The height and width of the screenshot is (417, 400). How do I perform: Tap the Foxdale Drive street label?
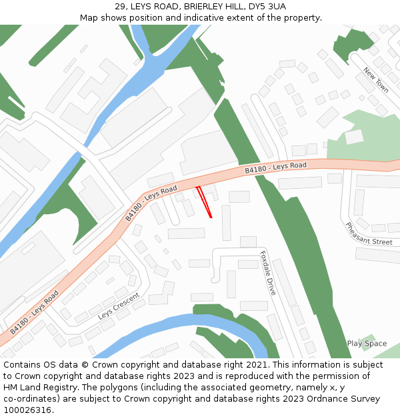click(x=268, y=273)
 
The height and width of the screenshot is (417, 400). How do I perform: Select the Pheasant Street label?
click(x=369, y=234)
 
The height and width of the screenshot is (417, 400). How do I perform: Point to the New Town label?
click(x=376, y=79)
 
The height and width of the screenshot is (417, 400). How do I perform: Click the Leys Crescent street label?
click(x=119, y=305)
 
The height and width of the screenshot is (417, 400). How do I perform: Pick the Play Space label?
click(x=367, y=344)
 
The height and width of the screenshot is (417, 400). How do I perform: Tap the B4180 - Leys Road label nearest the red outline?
click(x=151, y=203)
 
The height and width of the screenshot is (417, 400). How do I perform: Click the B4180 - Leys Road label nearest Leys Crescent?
click(x=35, y=312)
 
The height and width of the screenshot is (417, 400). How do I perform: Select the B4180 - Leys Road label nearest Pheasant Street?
click(x=275, y=167)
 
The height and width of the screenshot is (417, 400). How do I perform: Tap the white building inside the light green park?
click(x=354, y=137)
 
